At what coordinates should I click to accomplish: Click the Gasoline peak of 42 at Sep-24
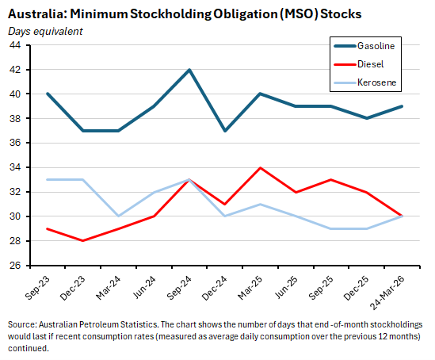(189, 70)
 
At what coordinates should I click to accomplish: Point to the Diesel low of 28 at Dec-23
(82, 241)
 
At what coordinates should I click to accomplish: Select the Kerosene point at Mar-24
(118, 216)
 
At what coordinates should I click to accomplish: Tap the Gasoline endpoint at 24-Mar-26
(402, 106)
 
